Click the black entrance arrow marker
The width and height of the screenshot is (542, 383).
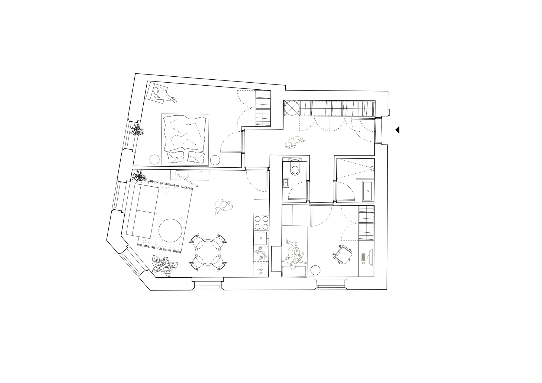tap(398, 130)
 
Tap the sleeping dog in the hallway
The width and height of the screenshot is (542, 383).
tap(295, 142)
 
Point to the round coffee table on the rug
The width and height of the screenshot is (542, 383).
tap(170, 231)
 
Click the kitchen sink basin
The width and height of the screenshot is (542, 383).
tap(261, 238)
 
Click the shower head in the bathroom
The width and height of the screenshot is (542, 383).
tap(372, 169)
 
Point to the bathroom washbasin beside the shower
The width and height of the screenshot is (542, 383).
tap(368, 191)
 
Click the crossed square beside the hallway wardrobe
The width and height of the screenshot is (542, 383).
tap(292, 108)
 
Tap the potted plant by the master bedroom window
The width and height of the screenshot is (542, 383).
tap(137, 130)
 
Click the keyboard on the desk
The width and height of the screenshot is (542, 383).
tap(363, 257)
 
